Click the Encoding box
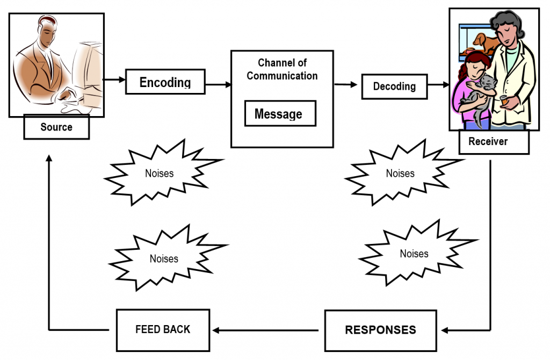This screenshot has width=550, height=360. click(x=165, y=82)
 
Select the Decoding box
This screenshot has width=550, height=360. click(x=394, y=87)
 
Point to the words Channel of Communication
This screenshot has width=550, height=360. click(x=282, y=70)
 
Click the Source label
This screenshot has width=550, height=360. click(x=56, y=127)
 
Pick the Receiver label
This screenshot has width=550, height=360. click(x=488, y=142)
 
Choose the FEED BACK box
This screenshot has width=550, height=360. click(x=163, y=329)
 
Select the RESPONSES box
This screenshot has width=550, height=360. click(x=380, y=330)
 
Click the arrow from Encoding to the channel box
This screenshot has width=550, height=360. click(x=218, y=84)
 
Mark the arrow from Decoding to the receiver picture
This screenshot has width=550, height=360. click(x=438, y=84)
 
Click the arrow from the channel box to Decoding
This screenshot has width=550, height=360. click(x=346, y=84)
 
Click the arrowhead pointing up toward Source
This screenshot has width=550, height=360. click(x=49, y=159)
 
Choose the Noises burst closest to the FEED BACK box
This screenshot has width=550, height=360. click(x=164, y=258)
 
